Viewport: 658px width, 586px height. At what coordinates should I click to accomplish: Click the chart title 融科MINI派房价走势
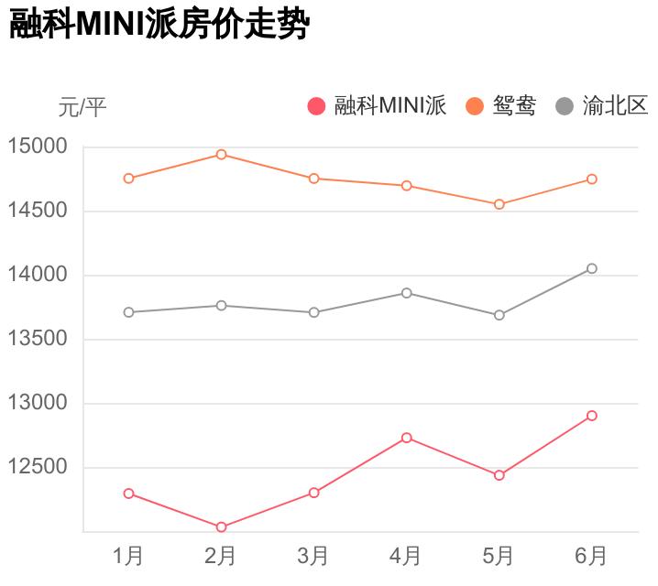tap(158, 26)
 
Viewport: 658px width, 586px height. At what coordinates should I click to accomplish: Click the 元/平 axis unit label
tap(82, 108)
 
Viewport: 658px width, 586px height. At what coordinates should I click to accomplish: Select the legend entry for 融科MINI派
tap(377, 106)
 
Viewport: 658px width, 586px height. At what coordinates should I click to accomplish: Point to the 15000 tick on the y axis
tap(38, 146)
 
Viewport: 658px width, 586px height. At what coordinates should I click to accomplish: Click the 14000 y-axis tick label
tap(38, 275)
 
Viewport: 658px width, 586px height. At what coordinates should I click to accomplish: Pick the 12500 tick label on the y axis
tap(38, 467)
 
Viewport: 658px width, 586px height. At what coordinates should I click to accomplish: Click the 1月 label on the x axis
tap(128, 555)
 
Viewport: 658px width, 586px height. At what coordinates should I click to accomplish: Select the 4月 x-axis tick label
tap(406, 555)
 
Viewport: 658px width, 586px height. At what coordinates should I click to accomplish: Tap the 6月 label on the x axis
tap(592, 555)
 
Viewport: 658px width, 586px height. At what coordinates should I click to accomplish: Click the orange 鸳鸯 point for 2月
tap(221, 155)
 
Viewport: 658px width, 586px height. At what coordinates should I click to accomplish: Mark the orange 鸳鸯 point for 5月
tap(499, 204)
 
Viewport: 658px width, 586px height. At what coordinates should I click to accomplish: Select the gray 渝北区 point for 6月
tap(592, 268)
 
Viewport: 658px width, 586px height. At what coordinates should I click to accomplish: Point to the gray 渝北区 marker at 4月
tap(406, 293)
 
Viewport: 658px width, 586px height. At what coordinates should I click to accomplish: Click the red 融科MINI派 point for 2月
tap(221, 527)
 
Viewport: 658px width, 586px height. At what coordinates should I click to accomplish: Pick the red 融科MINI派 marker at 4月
tap(406, 438)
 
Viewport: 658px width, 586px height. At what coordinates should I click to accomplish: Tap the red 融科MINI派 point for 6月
tap(592, 416)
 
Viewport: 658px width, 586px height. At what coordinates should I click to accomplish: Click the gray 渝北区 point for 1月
tap(128, 312)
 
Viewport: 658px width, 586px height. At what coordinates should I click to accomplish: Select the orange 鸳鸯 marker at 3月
tap(313, 179)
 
